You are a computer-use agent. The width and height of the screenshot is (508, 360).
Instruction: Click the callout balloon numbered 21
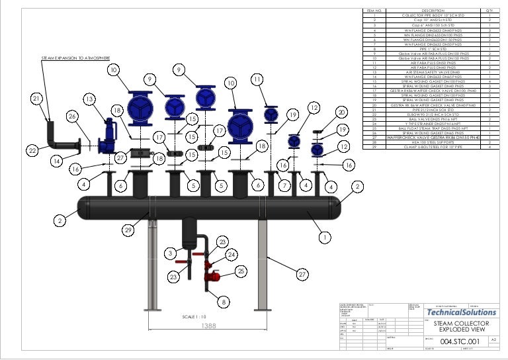pos(36,99)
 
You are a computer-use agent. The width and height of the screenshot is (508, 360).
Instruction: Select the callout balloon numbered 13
pos(89,99)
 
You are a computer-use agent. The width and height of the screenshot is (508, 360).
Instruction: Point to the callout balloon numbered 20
pos(341,112)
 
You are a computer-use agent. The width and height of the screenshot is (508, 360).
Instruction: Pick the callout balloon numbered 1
pos(324,236)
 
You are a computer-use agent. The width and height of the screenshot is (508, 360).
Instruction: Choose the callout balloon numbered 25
pos(241,271)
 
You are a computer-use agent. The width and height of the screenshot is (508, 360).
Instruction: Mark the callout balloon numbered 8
pos(224,302)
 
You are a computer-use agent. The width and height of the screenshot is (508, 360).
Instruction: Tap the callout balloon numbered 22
pos(32,152)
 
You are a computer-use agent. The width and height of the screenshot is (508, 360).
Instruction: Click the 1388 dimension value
pos(208,326)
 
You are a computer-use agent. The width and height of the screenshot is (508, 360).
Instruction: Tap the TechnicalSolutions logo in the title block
pos(462,312)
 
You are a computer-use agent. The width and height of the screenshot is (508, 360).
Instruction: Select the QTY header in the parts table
pos(489,11)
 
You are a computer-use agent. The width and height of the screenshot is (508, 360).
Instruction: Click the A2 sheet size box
pos(493,340)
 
